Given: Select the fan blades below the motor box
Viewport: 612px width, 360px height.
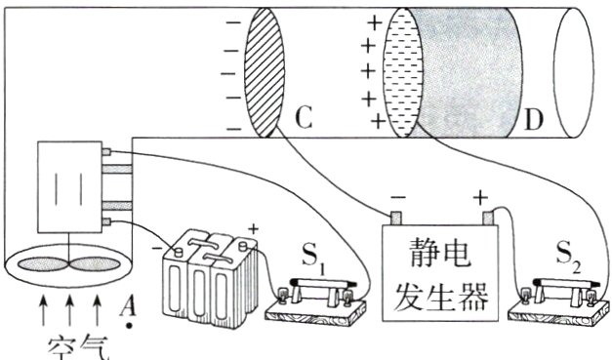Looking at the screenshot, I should (x=67, y=264).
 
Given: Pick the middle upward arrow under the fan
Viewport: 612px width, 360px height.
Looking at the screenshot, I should (x=69, y=312).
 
